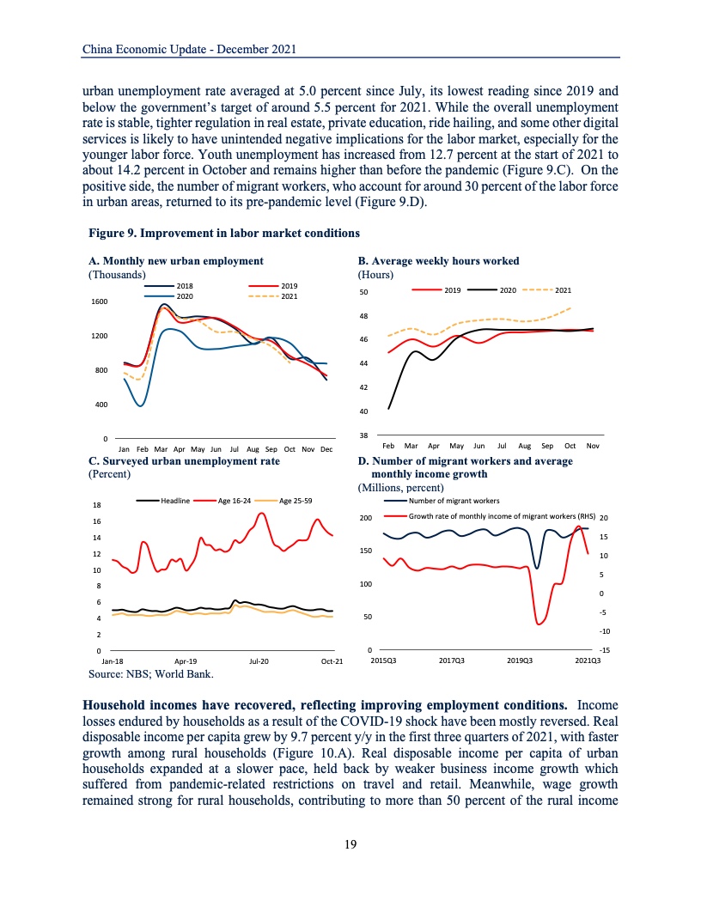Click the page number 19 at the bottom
pyautogui.click(x=350, y=844)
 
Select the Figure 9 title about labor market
pyautogui.click(x=224, y=233)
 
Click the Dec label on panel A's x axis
pyautogui.click(x=326, y=449)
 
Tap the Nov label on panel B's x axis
pyautogui.click(x=592, y=447)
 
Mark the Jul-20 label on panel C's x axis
pyautogui.click(x=259, y=661)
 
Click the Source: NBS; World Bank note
pyautogui.click(x=151, y=674)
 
